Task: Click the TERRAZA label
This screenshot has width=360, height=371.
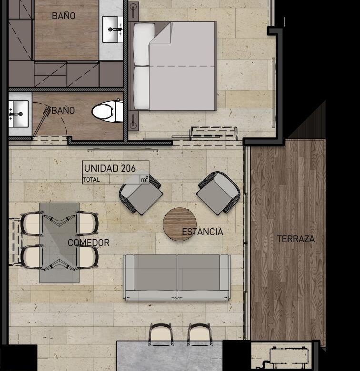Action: point(296,239)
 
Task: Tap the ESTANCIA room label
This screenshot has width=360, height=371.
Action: point(202,232)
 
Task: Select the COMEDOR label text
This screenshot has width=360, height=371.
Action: point(89,243)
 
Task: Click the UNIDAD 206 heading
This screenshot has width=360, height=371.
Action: point(110,168)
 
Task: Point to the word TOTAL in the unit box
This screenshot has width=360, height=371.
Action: point(91,180)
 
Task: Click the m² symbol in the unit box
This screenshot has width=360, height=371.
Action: point(144,179)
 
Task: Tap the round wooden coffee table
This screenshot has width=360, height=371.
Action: point(180,224)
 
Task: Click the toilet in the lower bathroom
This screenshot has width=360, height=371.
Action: point(108,111)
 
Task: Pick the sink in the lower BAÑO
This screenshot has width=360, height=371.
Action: point(19,114)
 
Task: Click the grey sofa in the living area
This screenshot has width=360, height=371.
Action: point(177,277)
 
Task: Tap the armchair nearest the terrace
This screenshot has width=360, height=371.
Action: point(219,193)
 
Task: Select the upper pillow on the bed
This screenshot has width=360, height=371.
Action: point(144,44)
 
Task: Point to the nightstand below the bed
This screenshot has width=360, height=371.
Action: point(134,121)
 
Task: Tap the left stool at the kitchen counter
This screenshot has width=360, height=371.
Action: point(161,334)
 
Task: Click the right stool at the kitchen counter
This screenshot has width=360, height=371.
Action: point(199,334)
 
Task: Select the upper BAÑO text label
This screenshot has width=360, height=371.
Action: point(63,16)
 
